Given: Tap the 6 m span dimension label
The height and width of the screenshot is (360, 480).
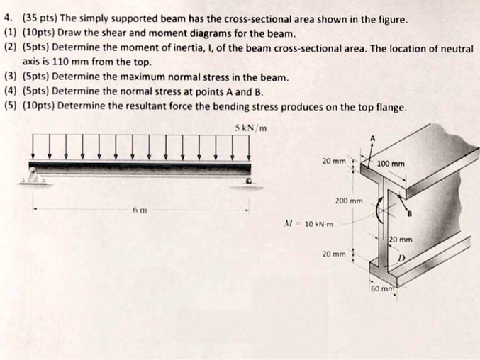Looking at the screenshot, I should click(x=140, y=211).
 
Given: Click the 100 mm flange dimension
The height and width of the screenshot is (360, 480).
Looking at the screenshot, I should click(x=391, y=164).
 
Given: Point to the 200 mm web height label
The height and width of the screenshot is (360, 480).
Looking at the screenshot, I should click(x=349, y=201).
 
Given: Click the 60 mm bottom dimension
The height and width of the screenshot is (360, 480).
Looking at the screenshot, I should click(x=384, y=289).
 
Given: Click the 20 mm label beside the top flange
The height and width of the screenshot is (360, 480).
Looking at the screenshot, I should click(x=334, y=161).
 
